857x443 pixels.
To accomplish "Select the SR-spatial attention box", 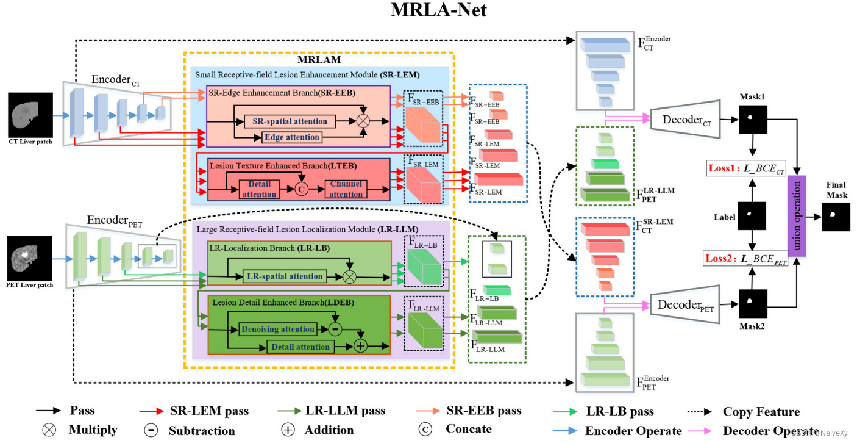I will coord(290,121).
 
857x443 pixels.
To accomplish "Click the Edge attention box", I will coord(292,137).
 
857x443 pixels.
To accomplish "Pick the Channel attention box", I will coord(346,189).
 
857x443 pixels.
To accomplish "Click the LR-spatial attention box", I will coord(285,276).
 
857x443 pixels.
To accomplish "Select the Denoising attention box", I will coord(278,329).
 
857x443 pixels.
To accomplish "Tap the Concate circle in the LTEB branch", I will coord(300,189).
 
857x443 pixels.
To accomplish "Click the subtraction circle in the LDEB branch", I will coord(335,329).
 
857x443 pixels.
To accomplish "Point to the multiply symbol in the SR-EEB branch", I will coord(363,121).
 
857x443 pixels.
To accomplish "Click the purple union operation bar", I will coord(797,214).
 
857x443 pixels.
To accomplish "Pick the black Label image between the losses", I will coord(753,217).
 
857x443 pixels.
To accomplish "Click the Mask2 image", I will coord(753,303).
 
